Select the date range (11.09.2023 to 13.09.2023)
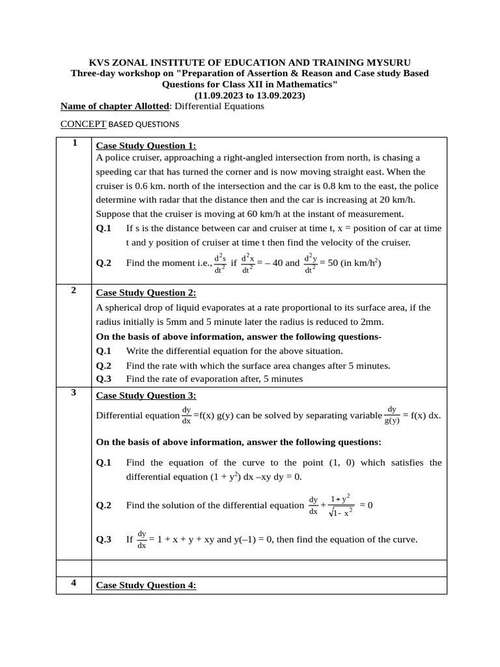point(249,95)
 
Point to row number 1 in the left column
point(75,143)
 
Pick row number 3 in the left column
point(75,393)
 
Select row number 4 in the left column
point(75,584)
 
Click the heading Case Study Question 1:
point(146,146)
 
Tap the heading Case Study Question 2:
point(146,293)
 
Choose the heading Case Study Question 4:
point(146,586)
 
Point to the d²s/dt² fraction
point(220,263)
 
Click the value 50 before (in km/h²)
point(325,263)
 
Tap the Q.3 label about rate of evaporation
point(104,378)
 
